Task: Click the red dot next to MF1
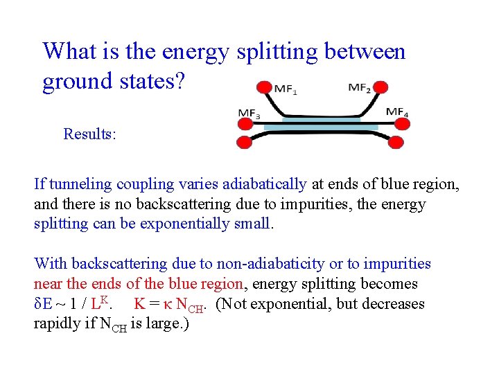coord(264,87)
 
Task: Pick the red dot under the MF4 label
coord(397,123)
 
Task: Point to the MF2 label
coord(359,88)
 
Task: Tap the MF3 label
coord(249,112)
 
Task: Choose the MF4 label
coord(396,112)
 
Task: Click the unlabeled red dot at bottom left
coord(244,143)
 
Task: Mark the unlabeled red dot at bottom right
coord(396,143)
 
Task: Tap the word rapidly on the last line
coord(55,324)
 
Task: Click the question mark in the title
coord(179,81)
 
